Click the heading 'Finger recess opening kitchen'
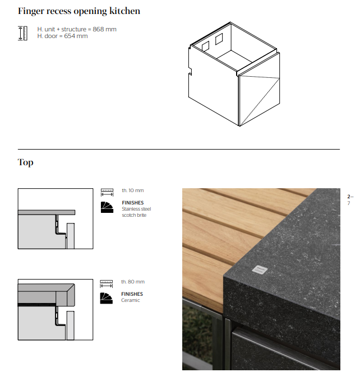[79, 11]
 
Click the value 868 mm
[104, 29]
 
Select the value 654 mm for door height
[76, 36]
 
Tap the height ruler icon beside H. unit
[22, 33]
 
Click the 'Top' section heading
[25, 162]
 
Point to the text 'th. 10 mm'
[132, 190]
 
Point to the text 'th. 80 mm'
[133, 282]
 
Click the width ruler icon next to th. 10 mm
[107, 193]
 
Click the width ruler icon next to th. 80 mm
[107, 284]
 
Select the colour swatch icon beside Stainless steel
[107, 207]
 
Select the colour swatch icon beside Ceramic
[107, 299]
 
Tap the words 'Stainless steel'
[136, 209]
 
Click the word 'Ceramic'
[131, 300]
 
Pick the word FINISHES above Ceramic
[132, 294]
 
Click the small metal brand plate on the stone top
[260, 269]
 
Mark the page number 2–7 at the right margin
[350, 200]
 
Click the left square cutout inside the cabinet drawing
[205, 46]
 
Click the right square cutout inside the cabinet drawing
[219, 39]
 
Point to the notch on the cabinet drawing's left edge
[190, 71]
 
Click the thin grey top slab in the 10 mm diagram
[47, 212]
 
